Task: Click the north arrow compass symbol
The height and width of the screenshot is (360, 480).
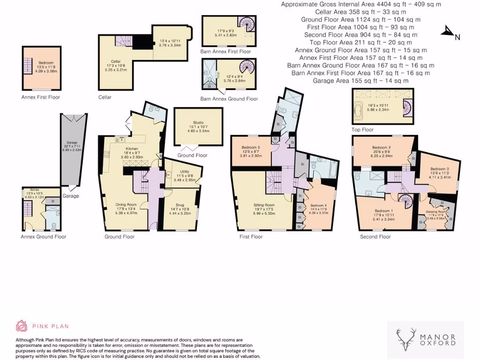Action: pos(451,32)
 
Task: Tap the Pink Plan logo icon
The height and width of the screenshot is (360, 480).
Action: pos(22,326)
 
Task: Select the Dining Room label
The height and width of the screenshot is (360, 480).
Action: pos(126,204)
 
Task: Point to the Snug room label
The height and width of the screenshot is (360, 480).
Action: pos(180,204)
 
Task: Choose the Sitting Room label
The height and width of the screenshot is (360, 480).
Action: pos(263,205)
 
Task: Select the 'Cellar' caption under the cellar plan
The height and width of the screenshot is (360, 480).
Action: pos(105,97)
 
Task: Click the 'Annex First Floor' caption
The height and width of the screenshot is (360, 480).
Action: pos(41,97)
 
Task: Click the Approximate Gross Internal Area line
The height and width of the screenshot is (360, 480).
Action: pos(361,4)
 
